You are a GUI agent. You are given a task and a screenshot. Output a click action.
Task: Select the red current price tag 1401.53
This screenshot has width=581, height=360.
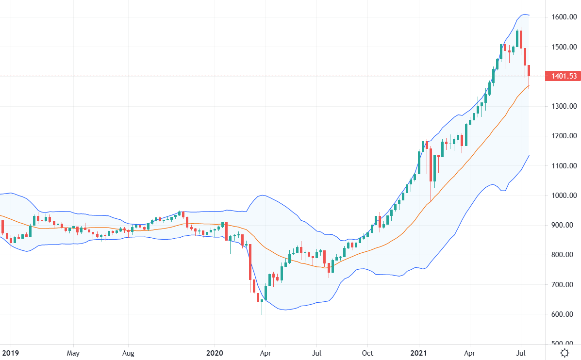563,76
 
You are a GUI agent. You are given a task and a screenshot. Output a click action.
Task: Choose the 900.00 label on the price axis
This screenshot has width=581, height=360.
564,225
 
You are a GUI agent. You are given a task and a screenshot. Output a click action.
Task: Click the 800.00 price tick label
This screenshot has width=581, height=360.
564,255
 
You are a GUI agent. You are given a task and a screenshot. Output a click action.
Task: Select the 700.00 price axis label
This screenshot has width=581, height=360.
564,285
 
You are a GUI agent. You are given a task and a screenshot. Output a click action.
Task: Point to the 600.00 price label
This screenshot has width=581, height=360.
564,314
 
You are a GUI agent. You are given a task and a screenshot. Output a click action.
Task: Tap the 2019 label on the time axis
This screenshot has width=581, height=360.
10,353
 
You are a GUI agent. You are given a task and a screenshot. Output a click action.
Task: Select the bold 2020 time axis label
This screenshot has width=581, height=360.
215,353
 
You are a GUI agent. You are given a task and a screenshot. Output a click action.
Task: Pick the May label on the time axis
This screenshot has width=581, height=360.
73,353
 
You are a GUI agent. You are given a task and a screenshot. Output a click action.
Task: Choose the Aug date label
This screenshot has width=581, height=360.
128,353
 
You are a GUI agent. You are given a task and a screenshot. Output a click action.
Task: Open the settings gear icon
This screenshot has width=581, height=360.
564,353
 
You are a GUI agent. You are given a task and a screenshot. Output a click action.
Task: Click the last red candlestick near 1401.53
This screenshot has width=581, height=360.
529,71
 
